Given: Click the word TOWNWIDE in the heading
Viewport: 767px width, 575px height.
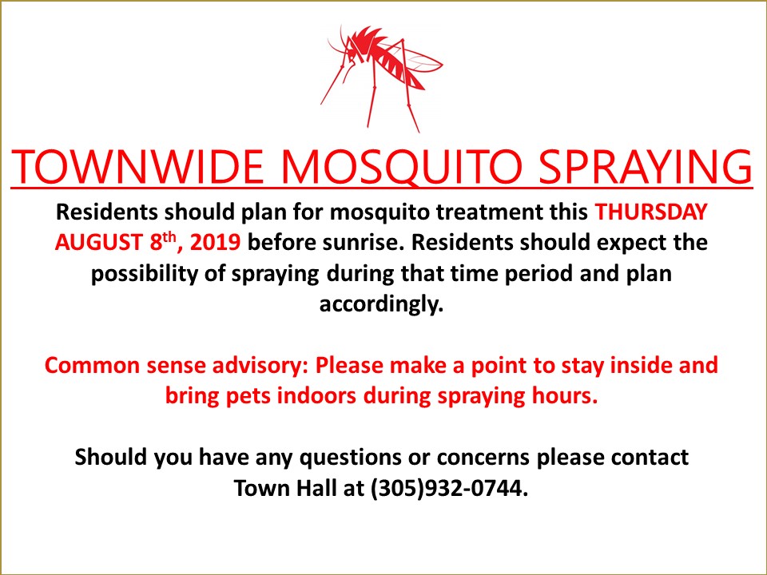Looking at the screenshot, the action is coord(137,166).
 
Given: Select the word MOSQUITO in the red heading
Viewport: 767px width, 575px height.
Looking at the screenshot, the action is coord(402,167).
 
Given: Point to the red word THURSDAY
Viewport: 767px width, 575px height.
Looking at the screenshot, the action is coord(651,212).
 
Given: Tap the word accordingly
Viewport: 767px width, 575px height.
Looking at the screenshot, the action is coord(382,304).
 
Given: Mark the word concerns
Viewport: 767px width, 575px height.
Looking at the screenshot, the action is coord(483,458).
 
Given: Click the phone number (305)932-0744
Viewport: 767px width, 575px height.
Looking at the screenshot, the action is coord(450,488).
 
